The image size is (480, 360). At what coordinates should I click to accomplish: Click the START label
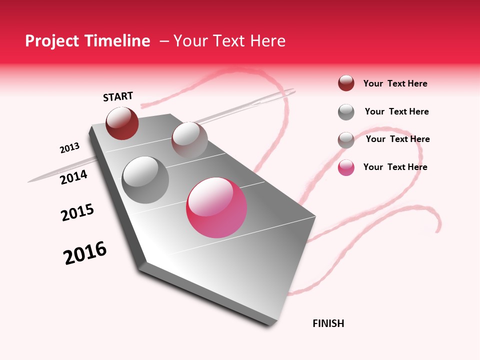coord(118,96)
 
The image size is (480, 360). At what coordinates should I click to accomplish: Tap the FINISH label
coord(328,323)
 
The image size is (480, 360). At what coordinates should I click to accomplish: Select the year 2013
coord(69,148)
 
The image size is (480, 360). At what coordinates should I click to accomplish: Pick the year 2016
coord(85,253)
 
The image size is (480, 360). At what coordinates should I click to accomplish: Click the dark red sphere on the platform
coord(122,123)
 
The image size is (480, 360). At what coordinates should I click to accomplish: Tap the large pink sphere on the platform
coord(216,207)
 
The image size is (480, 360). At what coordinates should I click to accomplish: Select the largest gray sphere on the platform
coord(145,179)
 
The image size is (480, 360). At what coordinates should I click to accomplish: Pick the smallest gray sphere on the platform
coord(189,140)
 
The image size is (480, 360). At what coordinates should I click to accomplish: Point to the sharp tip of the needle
coord(29,181)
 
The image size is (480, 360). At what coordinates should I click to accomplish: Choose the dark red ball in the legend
coord(346,83)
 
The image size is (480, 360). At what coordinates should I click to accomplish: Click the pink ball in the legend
coord(346,167)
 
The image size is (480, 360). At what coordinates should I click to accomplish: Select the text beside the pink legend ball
coord(395,167)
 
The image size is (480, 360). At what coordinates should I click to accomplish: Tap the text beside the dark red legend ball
coord(395,83)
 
